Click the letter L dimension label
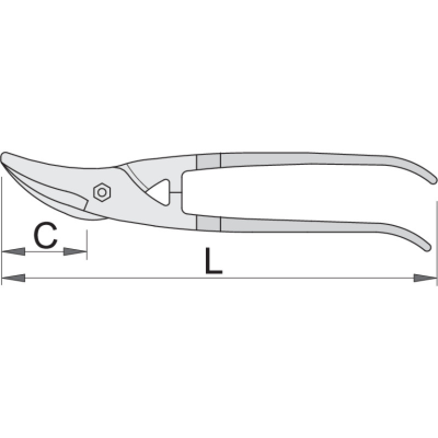pyautogui.click(x=214, y=261)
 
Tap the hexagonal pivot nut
pyautogui.click(x=102, y=192)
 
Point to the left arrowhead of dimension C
pyautogui.click(x=13, y=251)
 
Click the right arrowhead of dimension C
pyautogui.click(x=75, y=251)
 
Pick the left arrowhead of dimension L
pyautogui.click(x=13, y=278)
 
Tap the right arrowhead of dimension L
pyautogui.click(x=425, y=278)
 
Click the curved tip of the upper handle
pyautogui.click(x=433, y=181)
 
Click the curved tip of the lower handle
pyautogui.click(x=428, y=248)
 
